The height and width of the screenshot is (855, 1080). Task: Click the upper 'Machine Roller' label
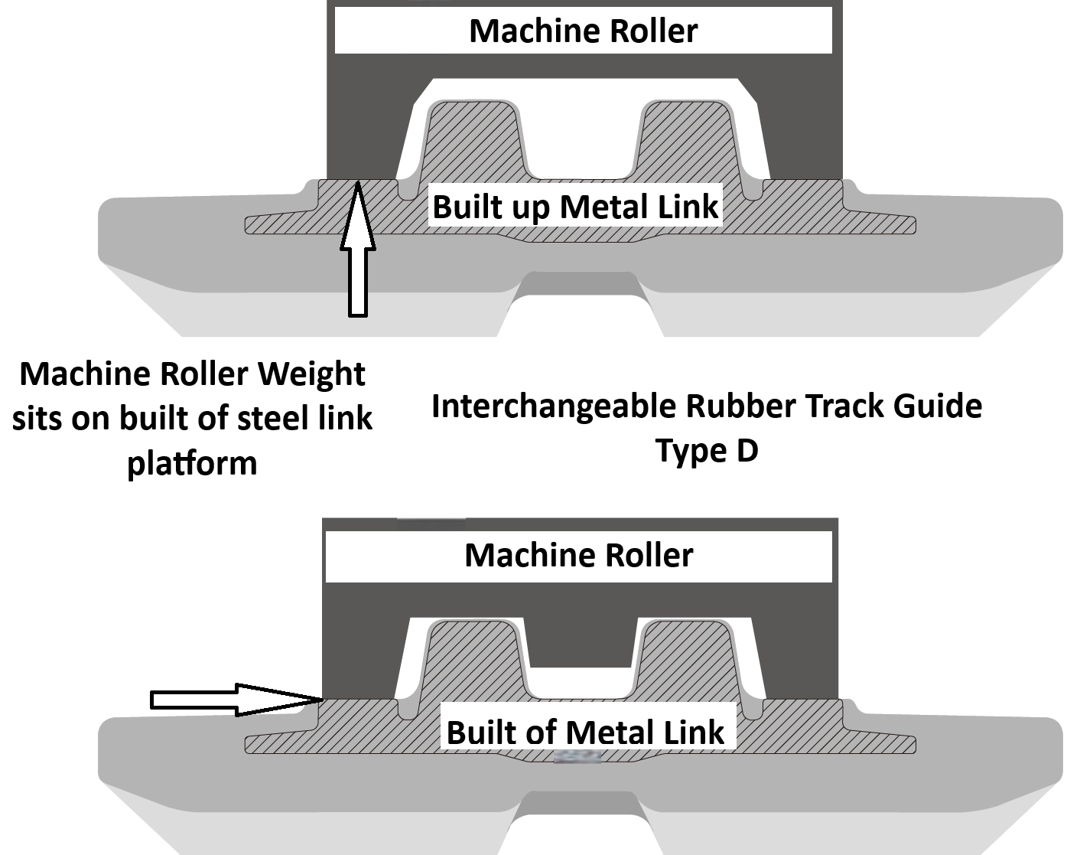point(583,31)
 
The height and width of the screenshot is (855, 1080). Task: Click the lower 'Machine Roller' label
point(578,554)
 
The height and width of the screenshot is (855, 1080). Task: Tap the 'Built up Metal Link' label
point(575,207)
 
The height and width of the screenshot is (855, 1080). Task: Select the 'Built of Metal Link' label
point(584,732)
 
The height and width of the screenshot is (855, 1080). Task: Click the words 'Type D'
point(706,451)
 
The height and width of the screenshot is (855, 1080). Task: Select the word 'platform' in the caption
point(191,463)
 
